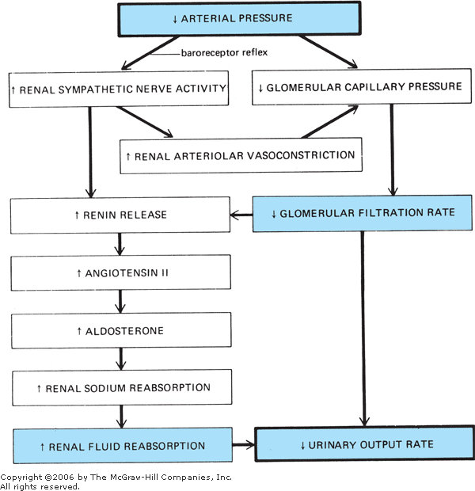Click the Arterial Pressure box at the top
click(x=237, y=18)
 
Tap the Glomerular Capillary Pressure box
click(x=359, y=87)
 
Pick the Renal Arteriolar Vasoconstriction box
click(x=240, y=156)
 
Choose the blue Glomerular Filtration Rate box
click(x=362, y=212)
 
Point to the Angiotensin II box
click(x=120, y=272)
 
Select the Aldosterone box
click(x=120, y=330)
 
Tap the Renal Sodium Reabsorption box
click(x=120, y=388)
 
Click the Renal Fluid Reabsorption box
click(x=122, y=446)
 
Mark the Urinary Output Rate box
click(x=367, y=444)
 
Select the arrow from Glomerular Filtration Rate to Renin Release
click(x=241, y=213)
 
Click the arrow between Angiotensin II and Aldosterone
click(x=120, y=301)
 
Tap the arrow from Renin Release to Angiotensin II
click(x=120, y=243)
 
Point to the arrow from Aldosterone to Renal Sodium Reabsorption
click(x=120, y=359)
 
